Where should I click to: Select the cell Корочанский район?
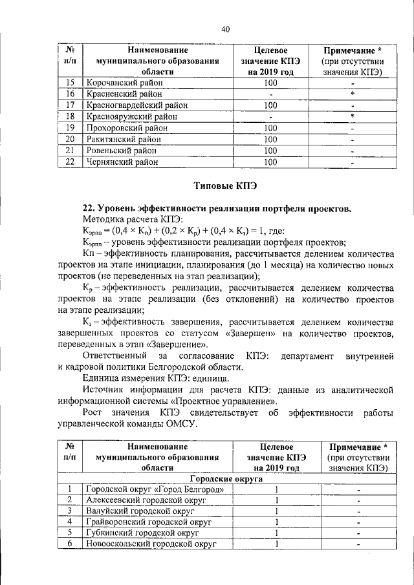pyautogui.click(x=122, y=83)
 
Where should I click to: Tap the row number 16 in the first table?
pyautogui.click(x=71, y=94)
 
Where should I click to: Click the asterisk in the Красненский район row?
pyautogui.click(x=353, y=94)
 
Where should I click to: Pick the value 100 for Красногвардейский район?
pyautogui.click(x=270, y=105)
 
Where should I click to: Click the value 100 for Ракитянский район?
pyautogui.click(x=270, y=140)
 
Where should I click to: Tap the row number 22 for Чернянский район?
pyautogui.click(x=71, y=162)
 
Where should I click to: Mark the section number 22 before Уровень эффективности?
pyautogui.click(x=89, y=209)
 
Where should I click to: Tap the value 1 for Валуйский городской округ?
pyautogui.click(x=276, y=511)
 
